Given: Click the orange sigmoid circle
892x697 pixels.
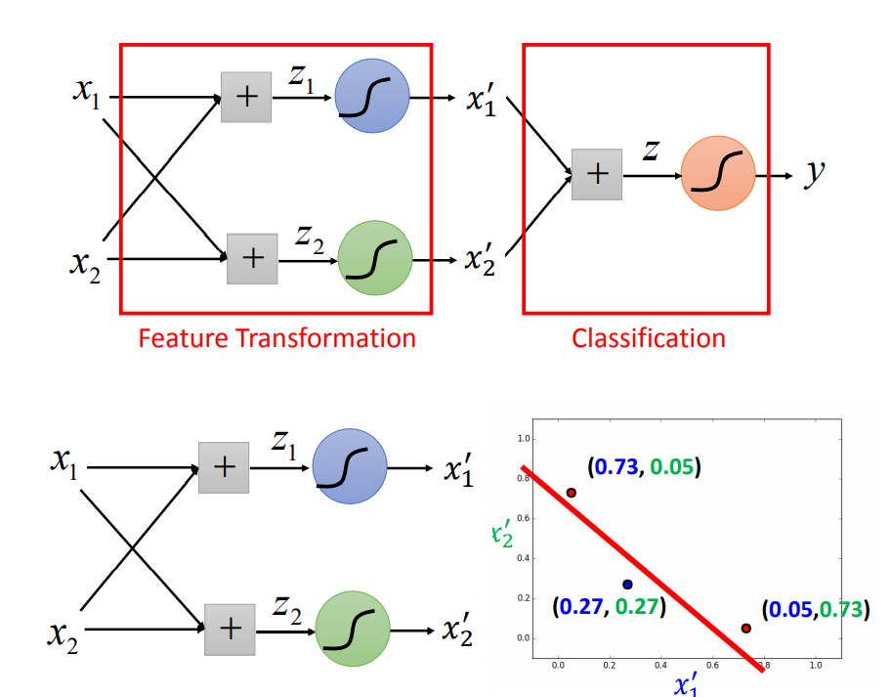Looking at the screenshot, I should click(x=718, y=175).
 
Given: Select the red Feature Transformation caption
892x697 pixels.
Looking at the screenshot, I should click(x=276, y=338).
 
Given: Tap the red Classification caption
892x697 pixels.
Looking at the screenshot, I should click(x=648, y=338).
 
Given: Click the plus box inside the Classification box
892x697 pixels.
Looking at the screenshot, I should click(x=597, y=175).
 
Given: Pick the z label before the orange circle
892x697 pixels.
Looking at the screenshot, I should click(x=650, y=151).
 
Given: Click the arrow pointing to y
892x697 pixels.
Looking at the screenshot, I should click(x=776, y=176).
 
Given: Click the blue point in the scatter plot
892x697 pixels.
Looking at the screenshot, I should click(x=627, y=585).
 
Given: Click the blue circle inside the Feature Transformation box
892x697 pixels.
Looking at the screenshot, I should click(x=371, y=97).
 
